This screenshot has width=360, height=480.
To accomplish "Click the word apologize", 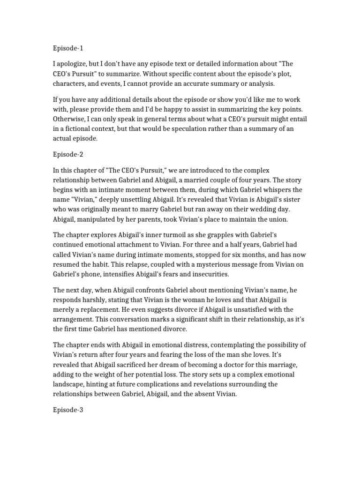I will [x=74, y=63].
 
